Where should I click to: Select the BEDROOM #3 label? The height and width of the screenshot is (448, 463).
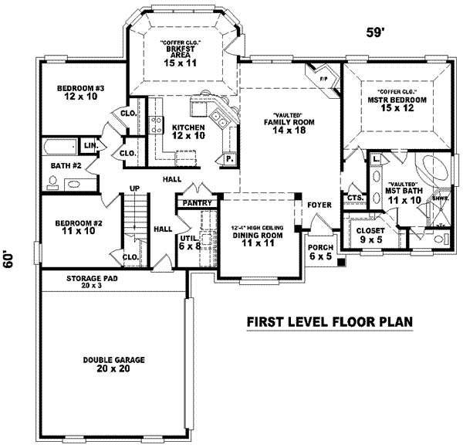pyautogui.click(x=80, y=93)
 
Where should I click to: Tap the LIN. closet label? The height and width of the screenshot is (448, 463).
pyautogui.click(x=90, y=145)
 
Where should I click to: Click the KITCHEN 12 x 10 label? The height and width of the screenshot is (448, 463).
pyautogui.click(x=188, y=131)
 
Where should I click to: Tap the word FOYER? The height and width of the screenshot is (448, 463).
pyautogui.click(x=319, y=205)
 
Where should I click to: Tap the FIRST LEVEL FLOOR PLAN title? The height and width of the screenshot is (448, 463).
pyautogui.click(x=330, y=322)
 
